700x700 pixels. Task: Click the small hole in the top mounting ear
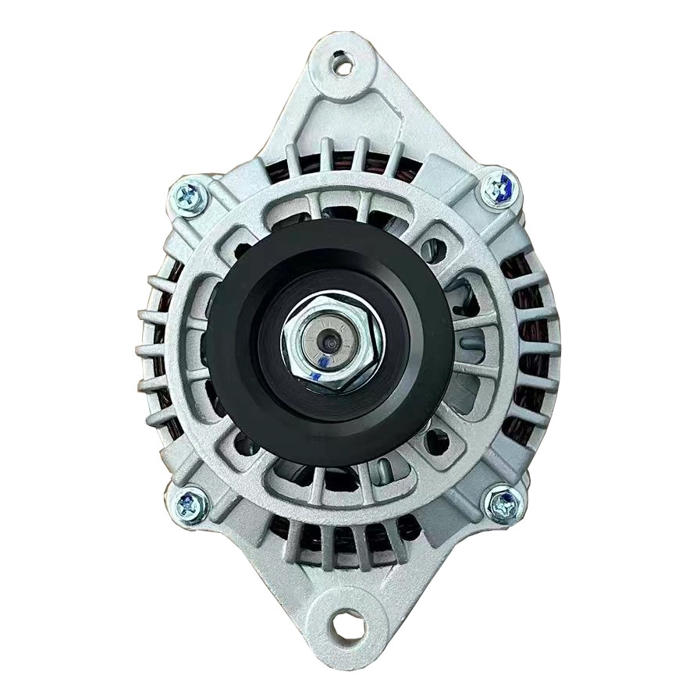pos(343,65)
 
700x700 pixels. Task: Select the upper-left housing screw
pos(190,197)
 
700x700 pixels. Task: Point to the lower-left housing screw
pos(189,505)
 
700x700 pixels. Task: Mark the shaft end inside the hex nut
pos(331,341)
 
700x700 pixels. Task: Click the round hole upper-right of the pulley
pos(434,250)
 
